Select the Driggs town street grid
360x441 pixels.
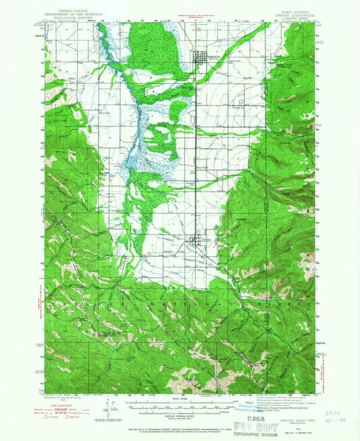tap(201, 59)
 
